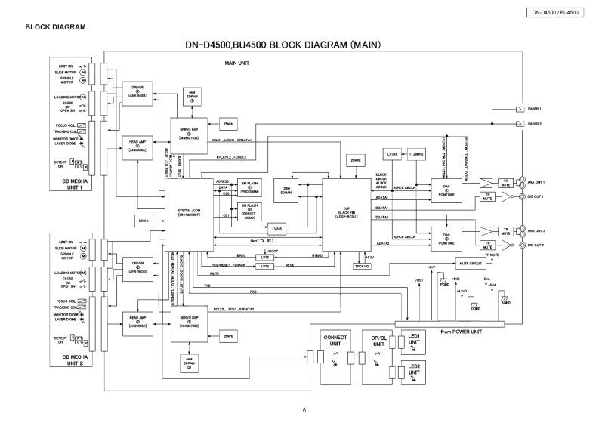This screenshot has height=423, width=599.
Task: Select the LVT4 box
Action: [264, 266]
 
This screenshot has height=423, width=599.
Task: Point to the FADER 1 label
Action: [536, 109]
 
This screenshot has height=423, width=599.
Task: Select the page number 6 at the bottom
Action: [304, 410]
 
